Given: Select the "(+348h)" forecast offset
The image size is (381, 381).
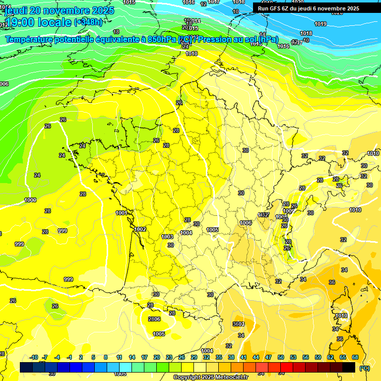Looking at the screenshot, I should coord(88,22).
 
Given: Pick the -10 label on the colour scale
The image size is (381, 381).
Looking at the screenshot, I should coord(34,358).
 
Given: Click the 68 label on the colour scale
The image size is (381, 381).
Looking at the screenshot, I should coord(355,358).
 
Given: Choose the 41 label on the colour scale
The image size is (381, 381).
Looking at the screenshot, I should coord(244,358).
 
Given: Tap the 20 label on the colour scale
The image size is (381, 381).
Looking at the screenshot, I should coord(157,358).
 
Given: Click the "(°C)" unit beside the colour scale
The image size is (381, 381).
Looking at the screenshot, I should coord(365,368).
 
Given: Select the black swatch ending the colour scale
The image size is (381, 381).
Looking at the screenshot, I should coord(349,367).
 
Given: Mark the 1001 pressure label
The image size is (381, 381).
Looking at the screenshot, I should coord(122,213).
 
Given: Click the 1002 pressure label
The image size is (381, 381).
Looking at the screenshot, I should coord(140,229).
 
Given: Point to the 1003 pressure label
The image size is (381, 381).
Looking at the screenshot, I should coord(168,237).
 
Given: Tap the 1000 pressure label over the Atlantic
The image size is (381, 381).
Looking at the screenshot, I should coord(30,200).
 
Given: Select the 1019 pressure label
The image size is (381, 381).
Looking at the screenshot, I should coord(320,24).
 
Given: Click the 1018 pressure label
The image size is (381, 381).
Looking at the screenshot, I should coord(306,33).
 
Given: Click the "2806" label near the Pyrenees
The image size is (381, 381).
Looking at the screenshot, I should coord(154,319).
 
